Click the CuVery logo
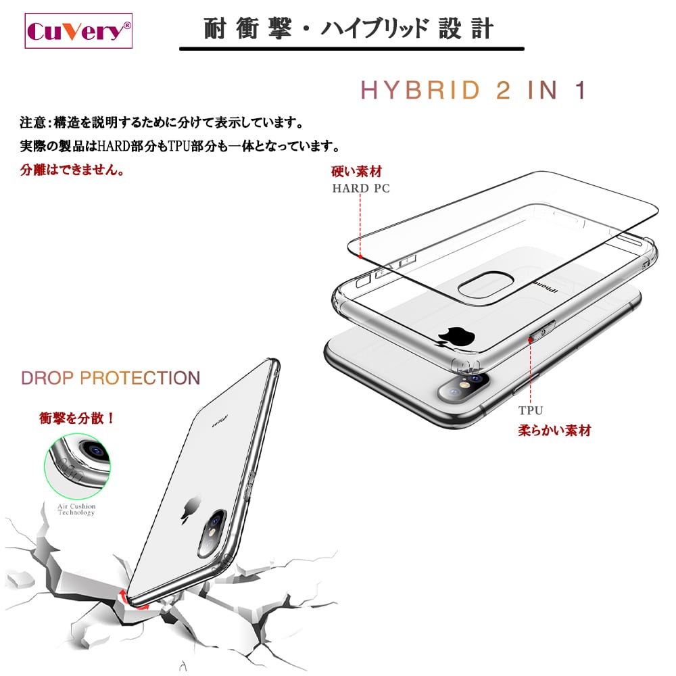[x=78, y=31]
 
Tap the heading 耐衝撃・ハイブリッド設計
[x=349, y=30]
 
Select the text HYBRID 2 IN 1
[x=473, y=90]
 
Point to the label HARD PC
[x=361, y=189]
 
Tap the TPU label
[x=531, y=410]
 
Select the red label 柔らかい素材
[x=554, y=430]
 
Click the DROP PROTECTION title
[x=111, y=378]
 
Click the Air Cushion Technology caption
[x=76, y=509]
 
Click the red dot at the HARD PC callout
[x=360, y=257]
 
